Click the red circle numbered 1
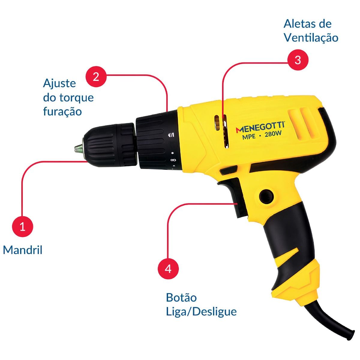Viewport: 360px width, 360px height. [22, 226]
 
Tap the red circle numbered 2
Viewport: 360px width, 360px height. [96, 76]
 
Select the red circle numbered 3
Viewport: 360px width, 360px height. [298, 60]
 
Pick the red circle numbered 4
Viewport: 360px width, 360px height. [168, 269]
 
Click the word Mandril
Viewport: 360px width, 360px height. [23, 250]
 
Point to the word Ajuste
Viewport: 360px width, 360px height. [59, 83]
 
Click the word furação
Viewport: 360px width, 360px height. [63, 112]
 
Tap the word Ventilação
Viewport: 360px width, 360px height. [311, 37]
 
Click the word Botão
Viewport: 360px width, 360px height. [181, 297]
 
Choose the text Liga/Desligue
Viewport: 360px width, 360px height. [201, 311]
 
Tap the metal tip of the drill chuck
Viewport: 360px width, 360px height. [78, 148]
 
